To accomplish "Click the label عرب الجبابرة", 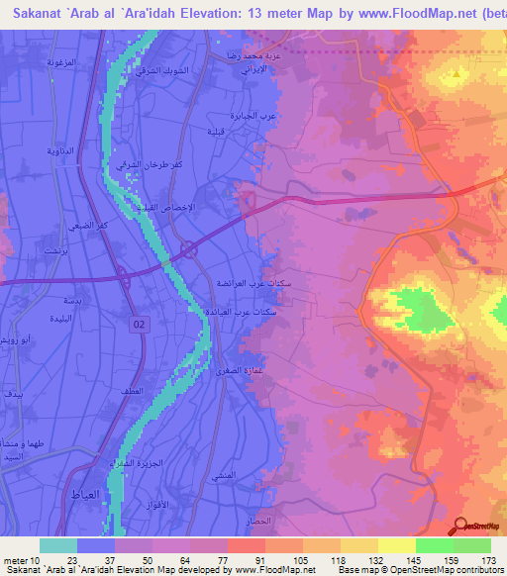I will pyautogui.click(x=253, y=116).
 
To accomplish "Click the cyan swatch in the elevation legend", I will pyautogui.click(x=58, y=545).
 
